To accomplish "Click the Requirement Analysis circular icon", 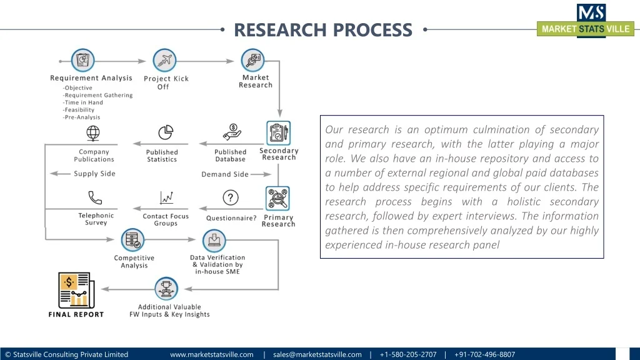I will pos(82,61).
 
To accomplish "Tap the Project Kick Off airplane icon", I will pos(165,61).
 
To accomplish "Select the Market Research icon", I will pos(253,61).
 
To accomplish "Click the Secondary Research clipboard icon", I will pos(278,132).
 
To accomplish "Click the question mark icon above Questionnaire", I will pos(231,198).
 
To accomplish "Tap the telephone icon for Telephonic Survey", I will pos(95,198).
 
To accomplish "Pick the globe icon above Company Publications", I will pos(93,133).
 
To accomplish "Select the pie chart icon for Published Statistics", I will pos(166,132).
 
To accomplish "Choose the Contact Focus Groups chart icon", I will pos(166,198).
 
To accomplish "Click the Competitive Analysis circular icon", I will pos(132,240).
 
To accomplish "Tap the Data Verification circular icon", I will pos(214,240).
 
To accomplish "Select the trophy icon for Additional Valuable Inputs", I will pos(166,288).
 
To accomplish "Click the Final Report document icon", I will pos(76,291).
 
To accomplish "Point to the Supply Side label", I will pos(94,174).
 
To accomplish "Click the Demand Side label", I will pos(225,174).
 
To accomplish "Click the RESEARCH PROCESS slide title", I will pos(323,29).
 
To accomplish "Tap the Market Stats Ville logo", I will pos(586,21).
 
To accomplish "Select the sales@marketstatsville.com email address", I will pos(317,354).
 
